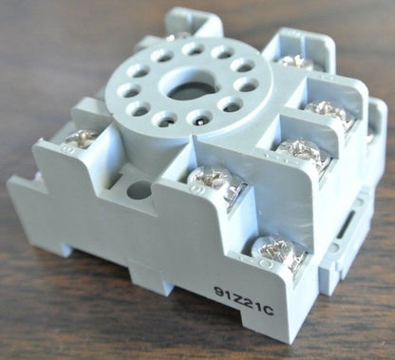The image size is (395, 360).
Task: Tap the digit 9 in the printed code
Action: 218,292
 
